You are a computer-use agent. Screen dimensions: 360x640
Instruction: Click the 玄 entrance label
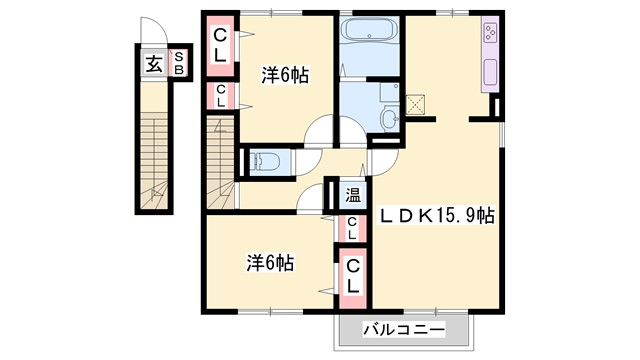[154, 64]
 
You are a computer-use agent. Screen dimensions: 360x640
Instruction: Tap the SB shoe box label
[179, 64]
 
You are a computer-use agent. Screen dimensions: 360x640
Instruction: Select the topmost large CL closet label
[221, 47]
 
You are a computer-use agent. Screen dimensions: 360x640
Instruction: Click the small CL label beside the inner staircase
[221, 96]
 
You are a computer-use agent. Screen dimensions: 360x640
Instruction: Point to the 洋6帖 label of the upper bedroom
[285, 74]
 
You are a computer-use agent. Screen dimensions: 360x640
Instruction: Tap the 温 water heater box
[353, 195]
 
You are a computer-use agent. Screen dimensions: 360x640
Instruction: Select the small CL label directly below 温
[353, 229]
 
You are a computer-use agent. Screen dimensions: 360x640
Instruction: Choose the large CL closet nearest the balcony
[353, 273]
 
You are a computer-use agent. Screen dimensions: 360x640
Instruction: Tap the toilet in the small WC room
[265, 161]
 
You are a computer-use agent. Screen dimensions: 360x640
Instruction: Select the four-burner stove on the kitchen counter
[491, 35]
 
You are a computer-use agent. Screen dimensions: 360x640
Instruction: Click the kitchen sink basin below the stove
[491, 72]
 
